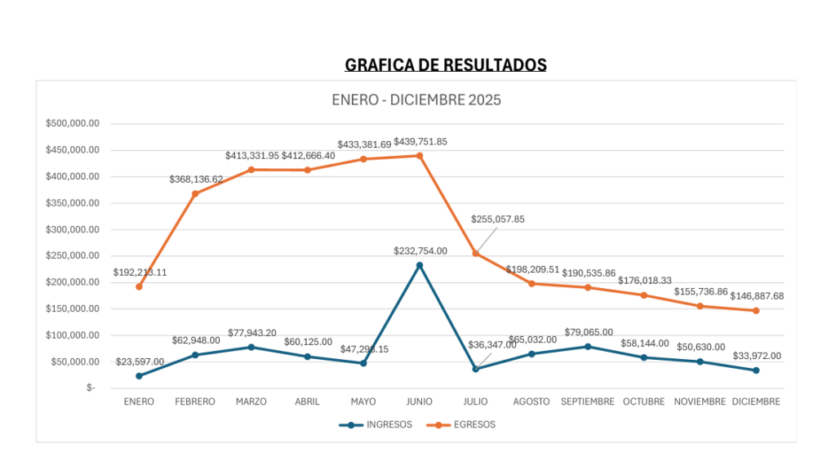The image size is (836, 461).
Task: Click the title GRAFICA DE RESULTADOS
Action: click(x=446, y=65)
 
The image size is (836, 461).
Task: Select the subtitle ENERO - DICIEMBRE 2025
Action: click(x=416, y=100)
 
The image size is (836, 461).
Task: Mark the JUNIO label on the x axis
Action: click(x=420, y=401)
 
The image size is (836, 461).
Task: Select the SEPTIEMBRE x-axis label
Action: click(x=588, y=401)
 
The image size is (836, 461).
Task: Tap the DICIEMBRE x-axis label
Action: click(x=756, y=401)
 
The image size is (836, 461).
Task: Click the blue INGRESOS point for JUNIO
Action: click(x=420, y=265)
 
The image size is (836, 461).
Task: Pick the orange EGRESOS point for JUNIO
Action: click(x=420, y=155)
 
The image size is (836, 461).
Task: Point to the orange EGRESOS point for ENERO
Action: click(x=139, y=286)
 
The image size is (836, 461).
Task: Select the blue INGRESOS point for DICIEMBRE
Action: click(x=756, y=370)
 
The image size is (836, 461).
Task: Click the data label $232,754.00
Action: click(x=420, y=251)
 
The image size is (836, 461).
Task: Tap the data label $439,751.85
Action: click(x=420, y=141)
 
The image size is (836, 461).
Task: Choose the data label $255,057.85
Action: click(x=498, y=219)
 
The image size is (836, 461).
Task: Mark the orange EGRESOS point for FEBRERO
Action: click(x=195, y=193)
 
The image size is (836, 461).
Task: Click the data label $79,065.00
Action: click(x=588, y=332)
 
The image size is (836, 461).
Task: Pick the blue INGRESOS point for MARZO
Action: click(x=251, y=347)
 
